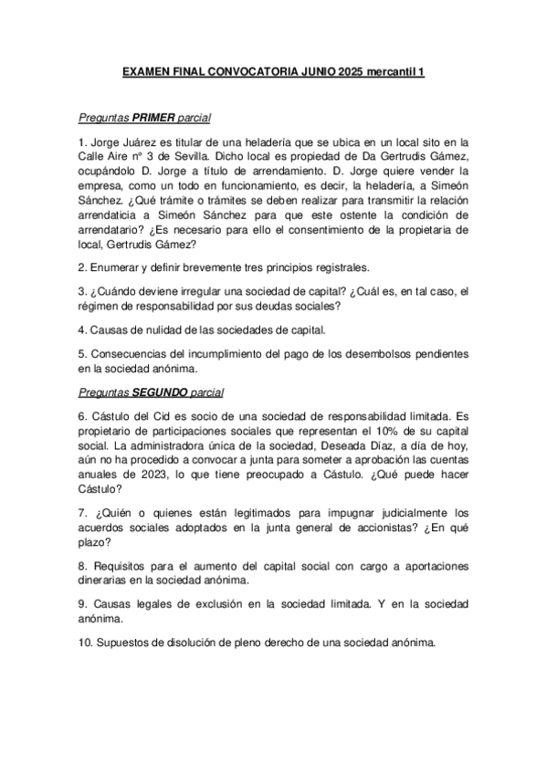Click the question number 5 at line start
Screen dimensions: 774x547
(81, 355)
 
